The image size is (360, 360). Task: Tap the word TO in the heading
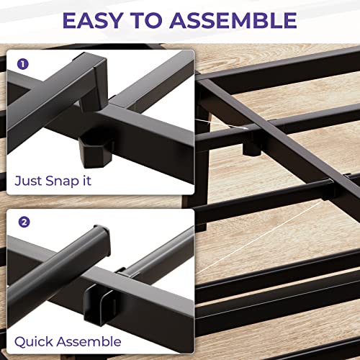coord(146,20)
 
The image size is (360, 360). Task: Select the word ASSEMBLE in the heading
coord(233,20)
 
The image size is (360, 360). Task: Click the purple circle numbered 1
coord(23,64)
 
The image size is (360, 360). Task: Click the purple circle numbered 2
coord(24,222)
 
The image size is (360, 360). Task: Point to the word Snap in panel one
coord(62,181)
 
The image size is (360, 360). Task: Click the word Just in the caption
coord(28,181)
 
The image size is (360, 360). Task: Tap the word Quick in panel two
coord(34,341)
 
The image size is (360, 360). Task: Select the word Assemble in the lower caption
coord(89,341)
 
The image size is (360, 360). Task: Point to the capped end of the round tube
coord(102,240)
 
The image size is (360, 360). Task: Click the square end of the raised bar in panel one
coord(101,72)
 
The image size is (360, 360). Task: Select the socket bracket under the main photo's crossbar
coord(251,145)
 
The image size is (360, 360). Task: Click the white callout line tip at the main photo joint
coord(246,128)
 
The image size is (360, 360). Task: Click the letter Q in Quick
coord(20,342)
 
